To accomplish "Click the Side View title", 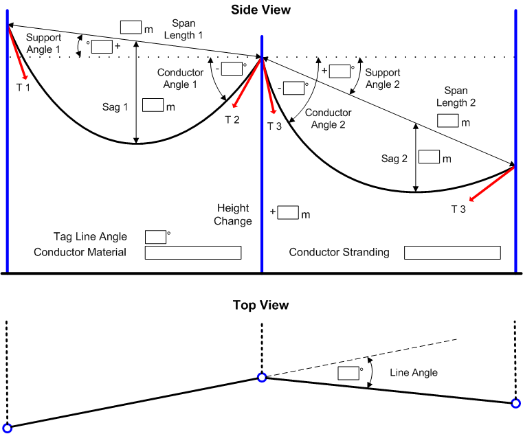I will point(261,10).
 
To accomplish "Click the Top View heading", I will point(261,305).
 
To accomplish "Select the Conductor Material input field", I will point(193,253).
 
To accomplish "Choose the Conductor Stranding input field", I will point(452,253).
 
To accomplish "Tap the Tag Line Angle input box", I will point(155,237).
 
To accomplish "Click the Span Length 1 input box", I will point(131,27).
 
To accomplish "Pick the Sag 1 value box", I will point(153,106).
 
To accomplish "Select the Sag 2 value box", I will point(430,157).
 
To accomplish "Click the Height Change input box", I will point(288,213).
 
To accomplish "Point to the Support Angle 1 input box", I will point(102,47).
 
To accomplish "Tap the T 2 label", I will point(232,119).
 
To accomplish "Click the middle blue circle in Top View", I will point(262,377).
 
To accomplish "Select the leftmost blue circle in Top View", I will point(8,428).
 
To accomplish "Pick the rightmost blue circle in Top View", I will point(516,403).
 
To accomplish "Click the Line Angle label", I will point(414,373).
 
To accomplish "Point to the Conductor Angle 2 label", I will point(328,118).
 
